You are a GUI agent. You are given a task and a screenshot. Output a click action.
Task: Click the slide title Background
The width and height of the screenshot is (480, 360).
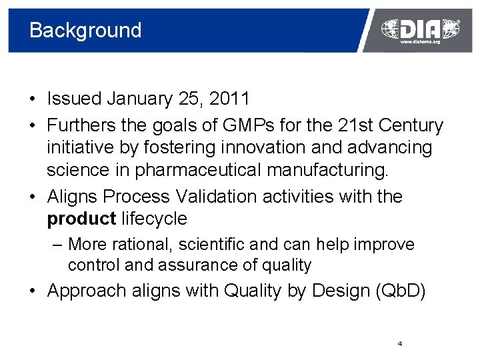pos(85,31)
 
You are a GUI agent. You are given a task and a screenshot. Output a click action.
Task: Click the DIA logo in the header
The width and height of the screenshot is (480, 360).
pos(420,28)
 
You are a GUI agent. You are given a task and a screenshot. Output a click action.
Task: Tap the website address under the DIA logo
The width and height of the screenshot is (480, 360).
pos(420,42)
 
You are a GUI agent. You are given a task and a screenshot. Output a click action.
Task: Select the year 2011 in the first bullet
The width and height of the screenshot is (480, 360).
pos(229,99)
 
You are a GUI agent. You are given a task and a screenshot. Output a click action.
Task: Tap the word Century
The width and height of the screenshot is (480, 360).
pos(412,125)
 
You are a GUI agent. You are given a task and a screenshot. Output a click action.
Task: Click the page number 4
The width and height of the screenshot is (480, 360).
pos(399,344)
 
